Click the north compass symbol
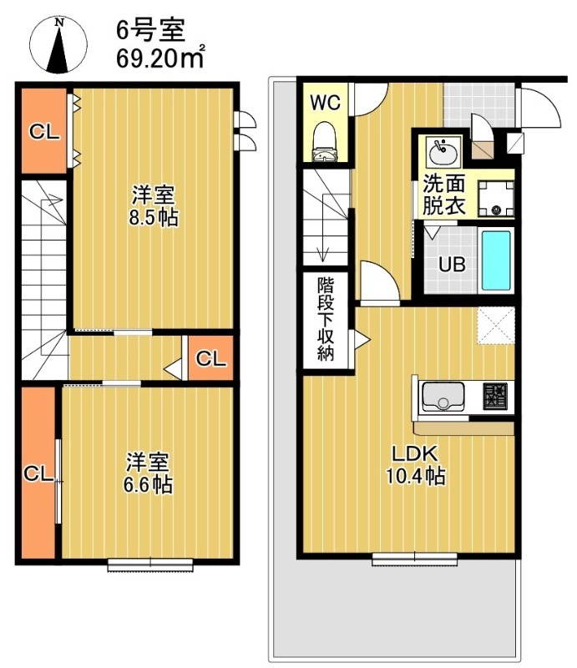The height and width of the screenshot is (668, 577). [59, 45]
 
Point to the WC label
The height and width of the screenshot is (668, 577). [324, 103]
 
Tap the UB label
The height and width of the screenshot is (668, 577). [453, 266]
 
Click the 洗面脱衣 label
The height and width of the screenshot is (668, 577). [443, 195]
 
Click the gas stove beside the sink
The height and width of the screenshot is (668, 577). [495, 395]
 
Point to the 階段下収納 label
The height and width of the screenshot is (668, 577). [326, 319]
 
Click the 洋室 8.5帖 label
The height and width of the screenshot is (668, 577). [153, 207]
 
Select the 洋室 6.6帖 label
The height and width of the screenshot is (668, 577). [149, 473]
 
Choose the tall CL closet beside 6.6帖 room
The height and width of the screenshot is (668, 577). [38, 473]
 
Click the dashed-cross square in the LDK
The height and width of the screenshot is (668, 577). [495, 325]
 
